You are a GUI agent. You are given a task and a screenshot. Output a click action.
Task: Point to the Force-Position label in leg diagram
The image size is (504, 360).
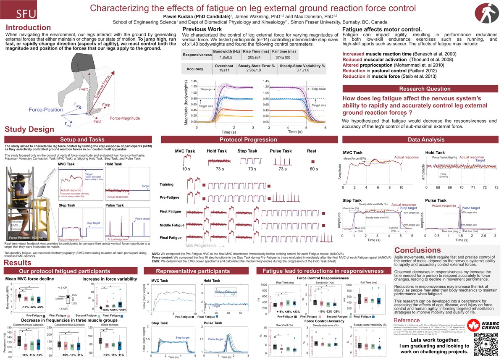(46, 110)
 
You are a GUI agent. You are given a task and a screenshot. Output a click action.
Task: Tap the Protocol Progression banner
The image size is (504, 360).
(249, 139)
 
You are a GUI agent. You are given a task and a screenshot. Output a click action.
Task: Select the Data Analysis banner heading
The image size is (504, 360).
(421, 139)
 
